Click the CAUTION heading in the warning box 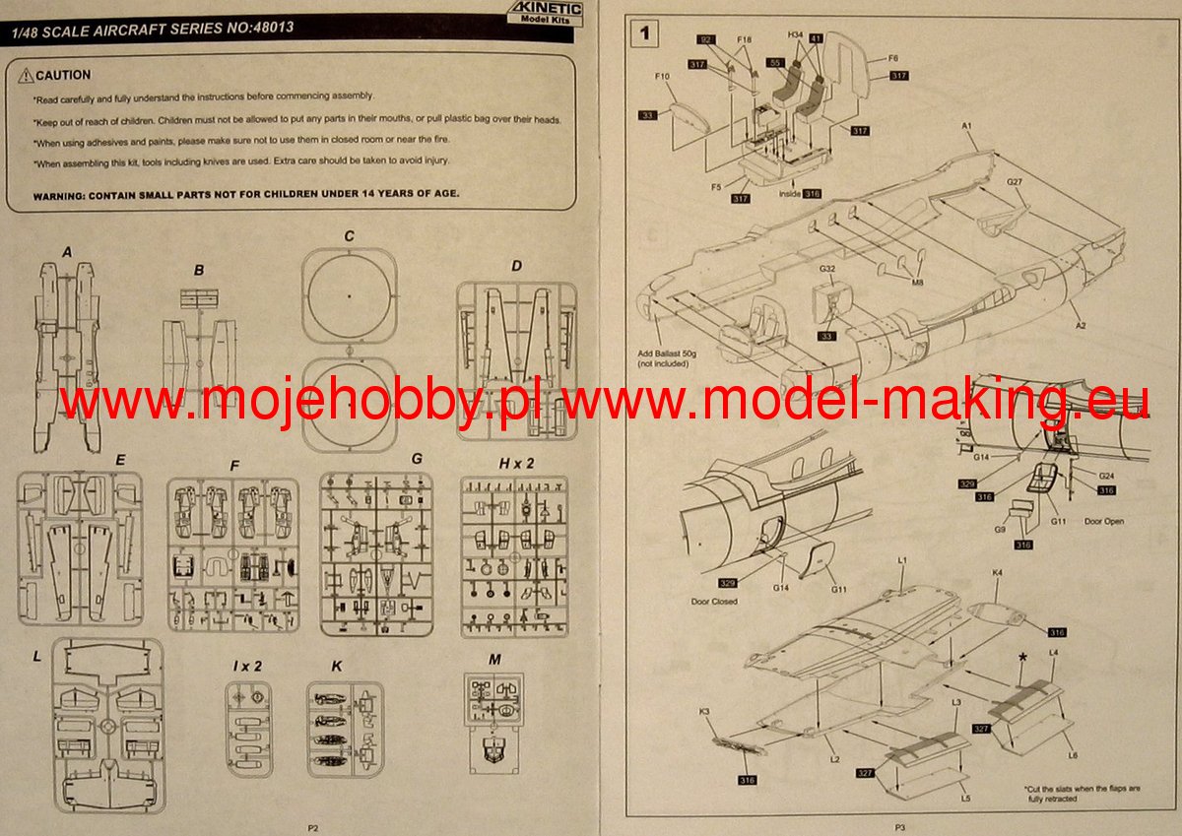pos(61,75)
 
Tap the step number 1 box pos(645,34)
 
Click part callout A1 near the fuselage pos(967,127)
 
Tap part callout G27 pos(1017,182)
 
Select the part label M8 pos(917,283)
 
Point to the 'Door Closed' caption pos(714,601)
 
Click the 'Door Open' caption pos(1103,521)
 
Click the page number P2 pos(313,828)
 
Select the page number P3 pos(901,828)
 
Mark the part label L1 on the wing pos(901,559)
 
